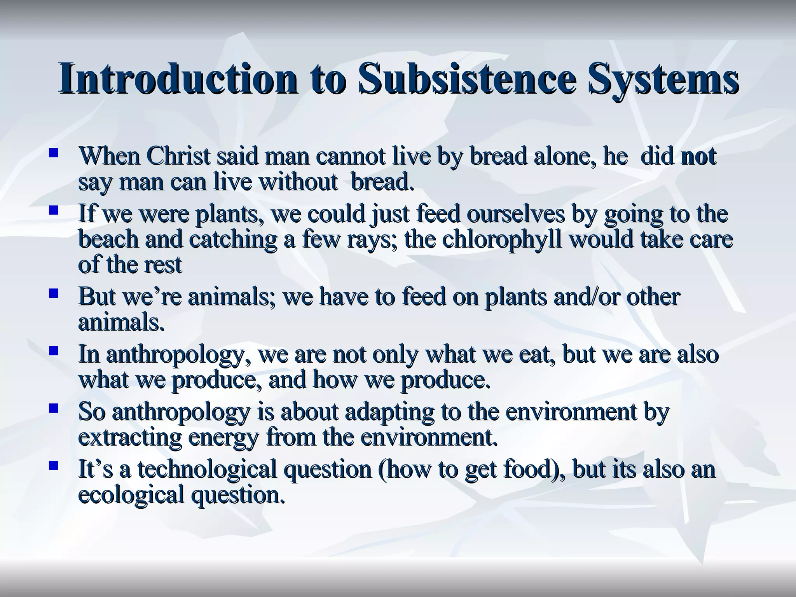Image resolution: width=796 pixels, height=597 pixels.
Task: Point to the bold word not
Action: pos(698,156)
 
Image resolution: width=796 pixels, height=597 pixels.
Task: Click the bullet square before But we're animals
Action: pos(53,293)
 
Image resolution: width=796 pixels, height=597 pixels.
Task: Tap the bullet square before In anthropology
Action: pos(53,351)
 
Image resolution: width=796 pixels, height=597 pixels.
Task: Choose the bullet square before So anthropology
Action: pos(53,408)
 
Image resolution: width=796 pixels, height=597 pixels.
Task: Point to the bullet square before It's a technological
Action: pos(53,465)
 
